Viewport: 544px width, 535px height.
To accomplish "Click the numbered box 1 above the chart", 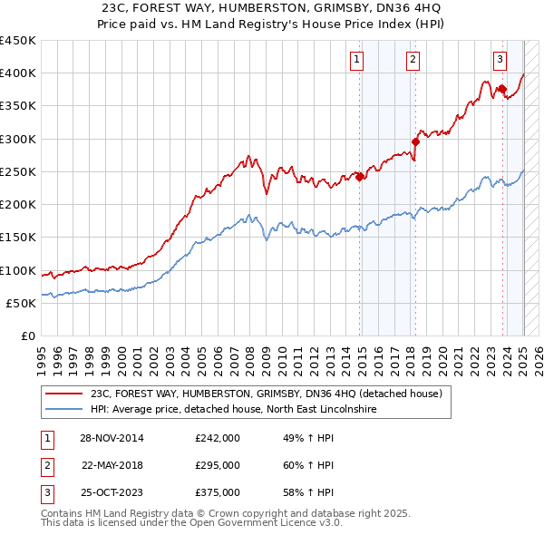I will click(357, 61).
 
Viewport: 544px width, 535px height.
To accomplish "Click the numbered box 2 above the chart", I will click(413, 61).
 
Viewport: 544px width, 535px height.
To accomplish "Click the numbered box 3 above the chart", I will click(500, 61).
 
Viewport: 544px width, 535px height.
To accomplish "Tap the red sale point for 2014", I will click(360, 177).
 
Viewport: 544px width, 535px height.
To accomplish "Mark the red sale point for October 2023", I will click(501, 89).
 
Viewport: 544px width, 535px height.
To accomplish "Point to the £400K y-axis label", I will click(18, 73).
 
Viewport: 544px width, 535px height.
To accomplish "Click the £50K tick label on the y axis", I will click(22, 303).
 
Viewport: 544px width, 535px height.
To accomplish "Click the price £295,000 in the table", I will click(218, 465).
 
